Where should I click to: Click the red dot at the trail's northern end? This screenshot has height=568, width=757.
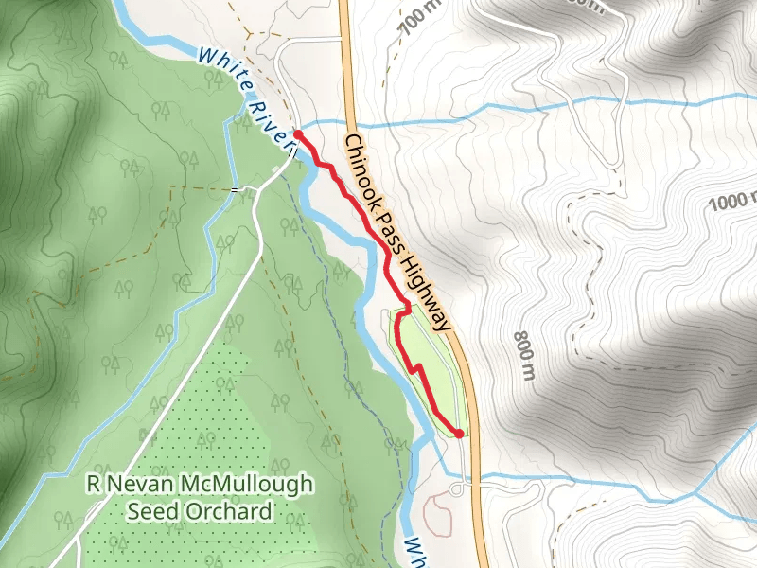298,136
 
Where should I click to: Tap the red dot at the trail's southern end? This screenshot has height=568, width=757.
459,434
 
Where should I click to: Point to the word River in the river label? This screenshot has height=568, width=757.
271,119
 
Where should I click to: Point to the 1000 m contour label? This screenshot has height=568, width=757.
734,201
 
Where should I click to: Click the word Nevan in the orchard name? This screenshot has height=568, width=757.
138,485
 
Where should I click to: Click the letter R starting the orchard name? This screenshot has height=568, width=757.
93,485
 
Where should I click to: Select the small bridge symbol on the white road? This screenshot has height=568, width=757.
236,189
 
